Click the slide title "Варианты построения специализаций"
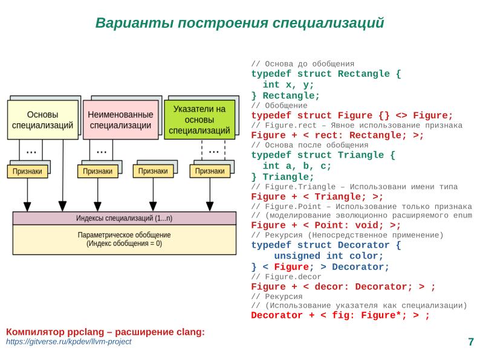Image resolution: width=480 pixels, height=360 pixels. pyautogui.click(x=240, y=23)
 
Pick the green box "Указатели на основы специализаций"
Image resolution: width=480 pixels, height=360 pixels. pyautogui.click(x=199, y=120)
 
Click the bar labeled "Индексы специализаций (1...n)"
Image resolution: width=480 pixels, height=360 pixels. pyautogui.click(x=124, y=218)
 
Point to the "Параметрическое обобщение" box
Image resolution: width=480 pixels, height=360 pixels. pyautogui.click(x=124, y=239)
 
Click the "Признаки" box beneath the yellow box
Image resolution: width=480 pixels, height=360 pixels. pyautogui.click(x=28, y=172)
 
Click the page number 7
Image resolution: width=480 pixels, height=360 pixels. pyautogui.click(x=470, y=342)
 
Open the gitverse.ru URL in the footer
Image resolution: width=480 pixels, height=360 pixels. pyautogui.click(x=68, y=342)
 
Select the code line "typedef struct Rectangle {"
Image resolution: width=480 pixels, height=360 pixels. pyautogui.click(x=326, y=74)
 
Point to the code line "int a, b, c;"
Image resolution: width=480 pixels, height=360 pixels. pyautogui.click(x=297, y=166)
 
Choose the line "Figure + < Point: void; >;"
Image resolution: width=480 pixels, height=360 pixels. pyautogui.click(x=326, y=225)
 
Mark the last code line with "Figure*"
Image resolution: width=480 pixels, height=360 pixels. pyautogui.click(x=340, y=315)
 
